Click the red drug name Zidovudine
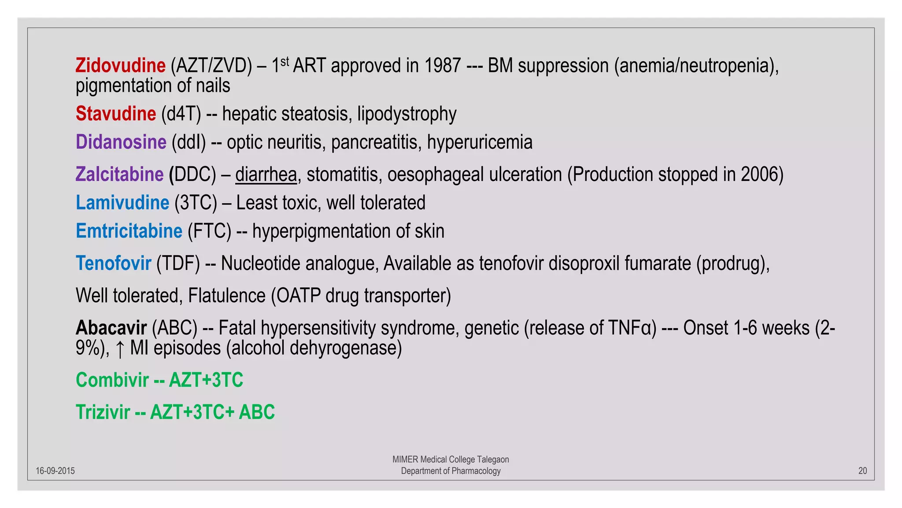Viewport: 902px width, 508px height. click(x=120, y=66)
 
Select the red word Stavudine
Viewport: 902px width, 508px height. click(x=115, y=114)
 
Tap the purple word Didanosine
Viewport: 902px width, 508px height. click(x=121, y=142)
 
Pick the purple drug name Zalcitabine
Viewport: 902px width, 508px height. click(x=119, y=174)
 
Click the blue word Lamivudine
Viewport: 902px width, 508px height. click(x=122, y=203)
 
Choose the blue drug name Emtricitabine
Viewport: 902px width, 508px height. click(x=129, y=231)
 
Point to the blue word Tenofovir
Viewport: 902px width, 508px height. click(x=113, y=263)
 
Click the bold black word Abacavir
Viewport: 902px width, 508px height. click(x=111, y=328)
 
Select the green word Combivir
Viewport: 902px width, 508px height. click(x=112, y=380)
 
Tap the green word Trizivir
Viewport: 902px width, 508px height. click(x=103, y=412)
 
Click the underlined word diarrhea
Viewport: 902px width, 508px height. click(x=266, y=175)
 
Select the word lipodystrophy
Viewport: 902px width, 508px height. click(x=407, y=114)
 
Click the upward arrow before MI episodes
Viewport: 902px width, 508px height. click(x=120, y=349)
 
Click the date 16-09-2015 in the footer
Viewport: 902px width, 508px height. click(x=55, y=471)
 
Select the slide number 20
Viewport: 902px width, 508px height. click(x=862, y=471)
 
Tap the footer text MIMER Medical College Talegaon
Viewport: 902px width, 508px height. click(x=451, y=459)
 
